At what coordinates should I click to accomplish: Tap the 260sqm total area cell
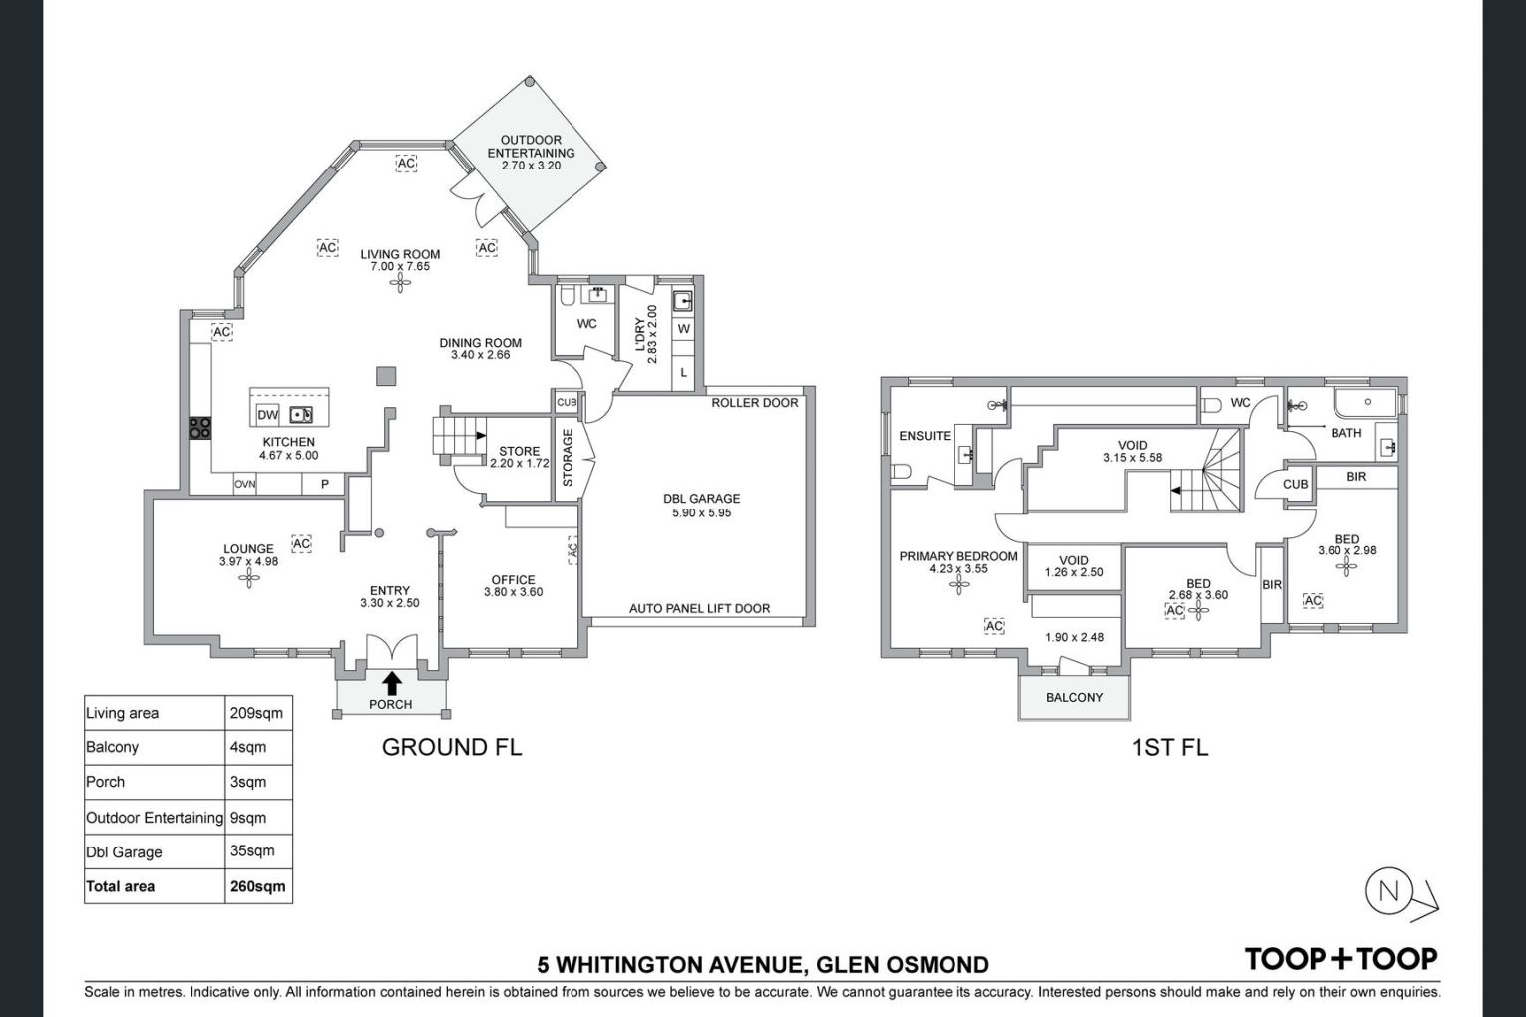pyautogui.click(x=258, y=887)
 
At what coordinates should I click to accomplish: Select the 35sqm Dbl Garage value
pyautogui.click(x=252, y=850)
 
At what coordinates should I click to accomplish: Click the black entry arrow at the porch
pyautogui.click(x=392, y=683)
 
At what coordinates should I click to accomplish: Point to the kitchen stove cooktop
pyautogui.click(x=199, y=428)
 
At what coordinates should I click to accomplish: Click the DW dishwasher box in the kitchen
pyautogui.click(x=267, y=414)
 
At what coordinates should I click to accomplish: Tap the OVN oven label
pyautogui.click(x=245, y=485)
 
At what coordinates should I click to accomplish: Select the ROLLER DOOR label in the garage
pyautogui.click(x=755, y=403)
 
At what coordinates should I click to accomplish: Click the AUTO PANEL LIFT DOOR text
pyautogui.click(x=699, y=608)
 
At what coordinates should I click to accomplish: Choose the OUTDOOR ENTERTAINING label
pyautogui.click(x=531, y=147)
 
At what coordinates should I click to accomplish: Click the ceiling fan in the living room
pyautogui.click(x=400, y=283)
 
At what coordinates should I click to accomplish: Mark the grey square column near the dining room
pyautogui.click(x=386, y=376)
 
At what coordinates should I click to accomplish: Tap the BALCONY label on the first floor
pyautogui.click(x=1074, y=698)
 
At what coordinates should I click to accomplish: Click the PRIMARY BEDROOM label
pyautogui.click(x=958, y=556)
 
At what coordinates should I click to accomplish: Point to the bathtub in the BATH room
pyautogui.click(x=1365, y=403)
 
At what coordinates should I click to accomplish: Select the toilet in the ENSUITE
pyautogui.click(x=901, y=472)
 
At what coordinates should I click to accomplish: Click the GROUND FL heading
pyautogui.click(x=452, y=747)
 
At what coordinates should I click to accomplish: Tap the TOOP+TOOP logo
pyautogui.click(x=1340, y=959)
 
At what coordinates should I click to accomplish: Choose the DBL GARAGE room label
pyautogui.click(x=702, y=499)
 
